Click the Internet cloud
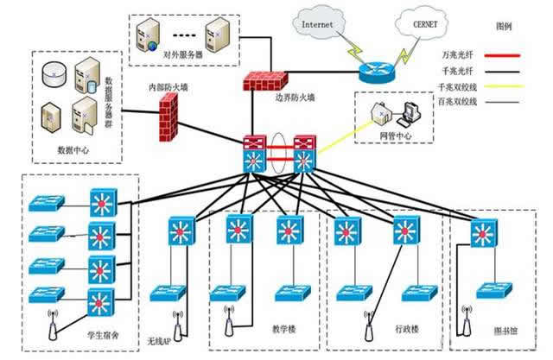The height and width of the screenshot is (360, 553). click(318, 25)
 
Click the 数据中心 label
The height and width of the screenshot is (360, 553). click(73, 148)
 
